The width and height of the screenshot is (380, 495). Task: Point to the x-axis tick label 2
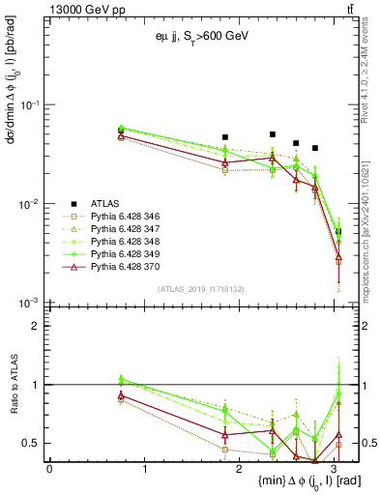(240, 467)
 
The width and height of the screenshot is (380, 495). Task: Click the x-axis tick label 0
(49, 467)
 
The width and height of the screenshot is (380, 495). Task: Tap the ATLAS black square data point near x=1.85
(225, 137)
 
